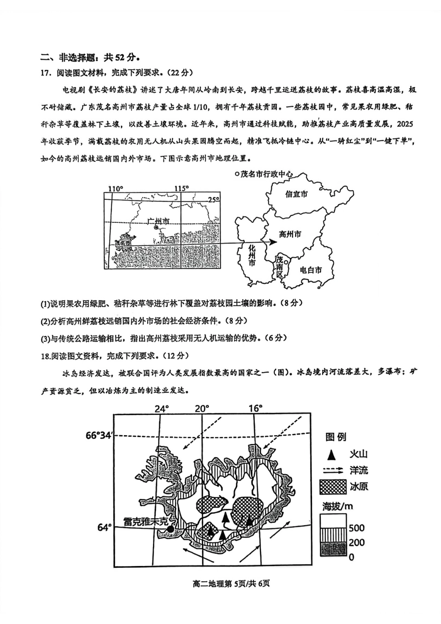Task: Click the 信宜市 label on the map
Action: point(296,194)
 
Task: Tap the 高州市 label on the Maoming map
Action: point(290,234)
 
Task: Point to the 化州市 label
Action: point(252,255)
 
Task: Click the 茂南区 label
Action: point(279,266)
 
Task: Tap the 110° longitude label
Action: point(116,188)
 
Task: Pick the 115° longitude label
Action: point(182,188)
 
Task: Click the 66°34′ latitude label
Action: point(99,436)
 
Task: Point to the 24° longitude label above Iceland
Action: point(162,409)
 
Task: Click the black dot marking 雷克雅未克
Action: point(170,528)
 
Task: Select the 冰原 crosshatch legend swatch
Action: point(333,486)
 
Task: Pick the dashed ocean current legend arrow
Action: point(333,470)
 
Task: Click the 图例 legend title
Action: point(336,437)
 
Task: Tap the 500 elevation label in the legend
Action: point(357,528)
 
